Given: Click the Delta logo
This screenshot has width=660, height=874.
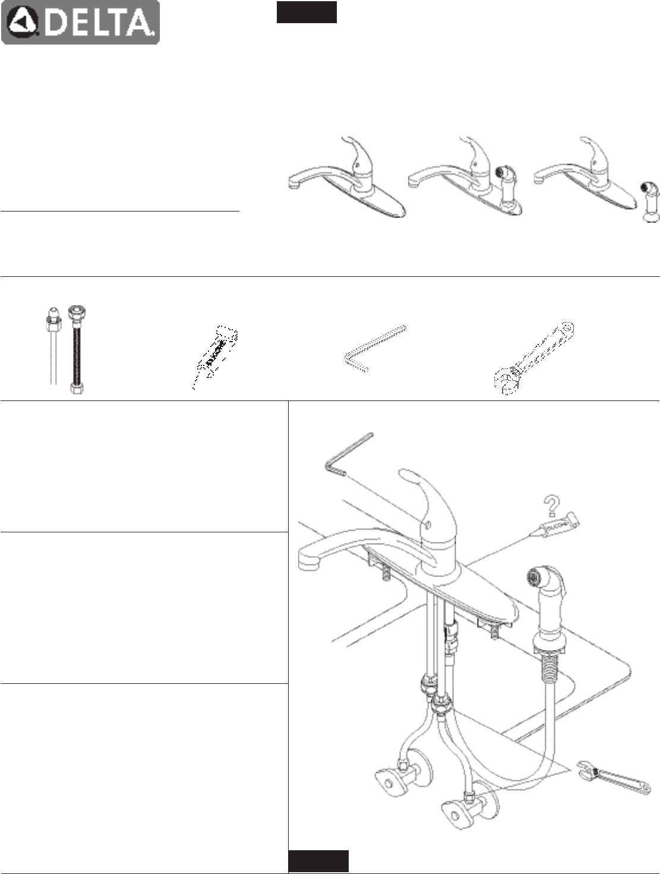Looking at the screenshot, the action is point(80,23).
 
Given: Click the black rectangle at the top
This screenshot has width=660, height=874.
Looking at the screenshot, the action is point(307,12).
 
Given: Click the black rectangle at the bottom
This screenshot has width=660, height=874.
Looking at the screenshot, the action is point(318,862).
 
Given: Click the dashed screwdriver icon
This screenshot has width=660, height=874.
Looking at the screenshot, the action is point(217,354).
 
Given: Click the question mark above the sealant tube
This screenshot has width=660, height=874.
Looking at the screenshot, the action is point(552,506).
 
